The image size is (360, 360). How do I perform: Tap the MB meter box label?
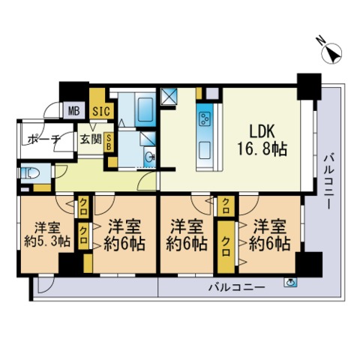click(73, 112)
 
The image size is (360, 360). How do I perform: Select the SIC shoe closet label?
click(98, 112)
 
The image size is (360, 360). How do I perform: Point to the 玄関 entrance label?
click(90, 139)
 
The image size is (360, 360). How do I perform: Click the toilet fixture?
click(29, 172)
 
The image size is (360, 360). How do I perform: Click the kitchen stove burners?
click(203, 119)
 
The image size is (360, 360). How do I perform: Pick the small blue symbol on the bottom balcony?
click(290, 283)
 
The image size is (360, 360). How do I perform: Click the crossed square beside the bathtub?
click(169, 97)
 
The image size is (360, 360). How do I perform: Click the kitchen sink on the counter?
click(202, 151)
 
